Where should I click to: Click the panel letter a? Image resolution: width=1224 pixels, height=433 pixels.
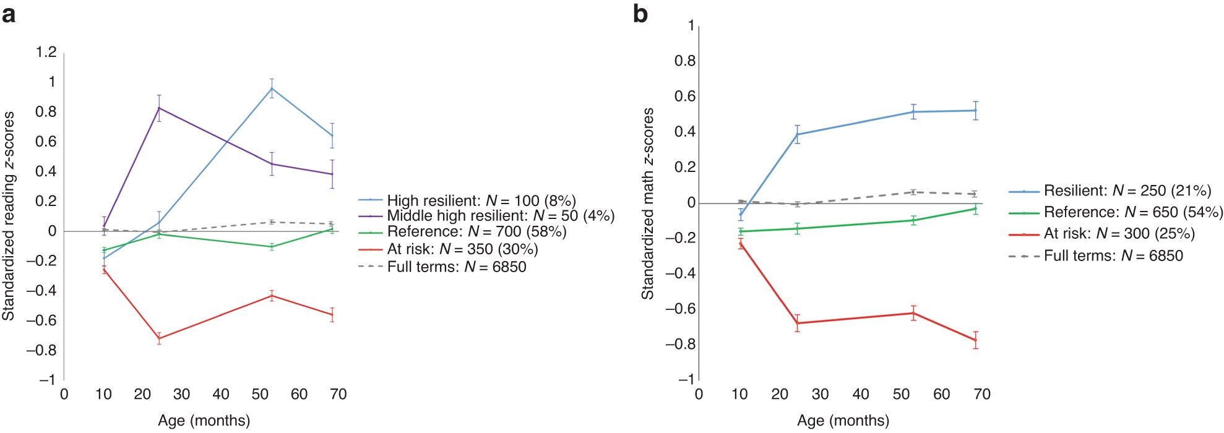point(9,14)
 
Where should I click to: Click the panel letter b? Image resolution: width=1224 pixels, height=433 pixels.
point(640,14)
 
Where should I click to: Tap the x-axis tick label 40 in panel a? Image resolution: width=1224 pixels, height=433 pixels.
point(221,395)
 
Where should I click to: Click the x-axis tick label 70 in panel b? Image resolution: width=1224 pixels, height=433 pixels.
point(982,395)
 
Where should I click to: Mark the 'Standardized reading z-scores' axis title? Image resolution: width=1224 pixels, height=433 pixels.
point(9,216)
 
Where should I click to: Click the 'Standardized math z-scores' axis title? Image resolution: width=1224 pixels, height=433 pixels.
point(647,204)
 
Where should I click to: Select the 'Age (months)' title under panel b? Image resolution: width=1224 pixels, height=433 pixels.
point(843,421)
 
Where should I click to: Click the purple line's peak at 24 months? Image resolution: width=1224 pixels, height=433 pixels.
point(159,108)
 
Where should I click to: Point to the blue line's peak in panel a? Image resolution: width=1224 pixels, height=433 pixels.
point(272,88)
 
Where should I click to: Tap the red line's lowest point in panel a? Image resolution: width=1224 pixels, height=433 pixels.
point(159,338)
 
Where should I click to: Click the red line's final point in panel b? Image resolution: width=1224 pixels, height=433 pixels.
point(976,340)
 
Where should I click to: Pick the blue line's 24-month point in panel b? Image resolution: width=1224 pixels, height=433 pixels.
point(797,134)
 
